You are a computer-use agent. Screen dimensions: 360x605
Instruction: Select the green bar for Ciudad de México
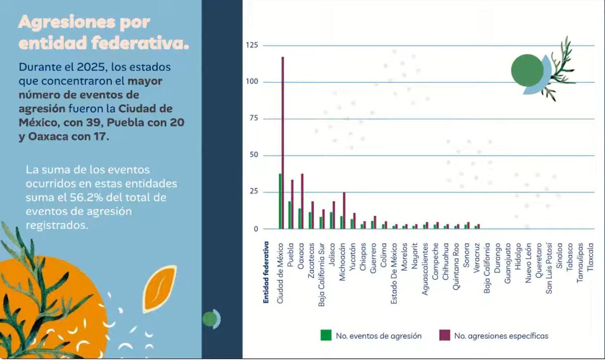280,202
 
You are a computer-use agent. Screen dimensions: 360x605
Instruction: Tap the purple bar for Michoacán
344,211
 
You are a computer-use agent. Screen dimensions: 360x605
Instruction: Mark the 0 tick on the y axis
255,229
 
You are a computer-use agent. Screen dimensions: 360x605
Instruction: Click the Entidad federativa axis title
266,273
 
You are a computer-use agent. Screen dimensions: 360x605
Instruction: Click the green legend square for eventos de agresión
326,335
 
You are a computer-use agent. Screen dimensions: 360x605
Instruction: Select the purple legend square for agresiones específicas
444,335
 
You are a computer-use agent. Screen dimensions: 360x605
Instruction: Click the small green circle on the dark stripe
209,319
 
